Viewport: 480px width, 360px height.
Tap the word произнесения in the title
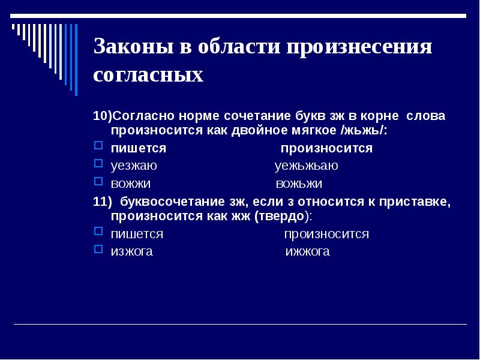pyautogui.click(x=358, y=47)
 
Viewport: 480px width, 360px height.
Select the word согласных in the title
pyautogui.click(x=148, y=76)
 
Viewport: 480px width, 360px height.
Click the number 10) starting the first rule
pyautogui.click(x=103, y=116)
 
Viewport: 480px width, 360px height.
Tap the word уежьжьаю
pyautogui.click(x=306, y=166)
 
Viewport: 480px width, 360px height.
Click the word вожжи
pyautogui.click(x=131, y=183)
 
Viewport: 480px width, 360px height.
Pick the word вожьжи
pyautogui.click(x=299, y=183)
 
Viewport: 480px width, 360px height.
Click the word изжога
pyautogui.click(x=132, y=251)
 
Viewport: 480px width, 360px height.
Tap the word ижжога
pyautogui.click(x=307, y=251)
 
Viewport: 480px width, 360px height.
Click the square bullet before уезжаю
pyautogui.click(x=100, y=163)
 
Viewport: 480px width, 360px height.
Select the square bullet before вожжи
pyautogui.click(x=100, y=181)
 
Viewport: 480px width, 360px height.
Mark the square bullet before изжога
pyautogui.click(x=100, y=249)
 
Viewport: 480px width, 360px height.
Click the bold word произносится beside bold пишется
pyautogui.click(x=326, y=148)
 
